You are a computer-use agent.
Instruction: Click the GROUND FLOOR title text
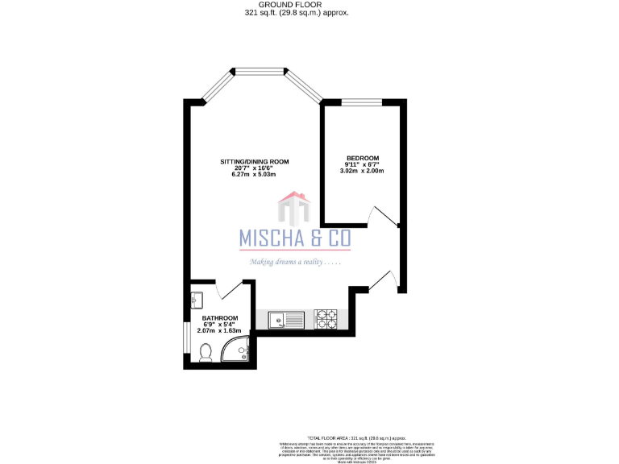click(297, 5)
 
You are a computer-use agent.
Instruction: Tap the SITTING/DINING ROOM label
click(255, 162)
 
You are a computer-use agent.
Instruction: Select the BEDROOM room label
click(362, 158)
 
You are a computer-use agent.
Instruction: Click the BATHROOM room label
click(219, 318)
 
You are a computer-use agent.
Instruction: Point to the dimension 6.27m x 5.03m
click(255, 175)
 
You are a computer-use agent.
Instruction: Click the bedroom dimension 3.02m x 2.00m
click(362, 171)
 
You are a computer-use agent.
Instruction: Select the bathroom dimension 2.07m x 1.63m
click(219, 331)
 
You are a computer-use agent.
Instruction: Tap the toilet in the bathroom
click(205, 352)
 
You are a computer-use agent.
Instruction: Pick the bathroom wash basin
click(197, 299)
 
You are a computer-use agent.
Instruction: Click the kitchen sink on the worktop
click(285, 320)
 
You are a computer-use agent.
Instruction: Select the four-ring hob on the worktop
click(326, 320)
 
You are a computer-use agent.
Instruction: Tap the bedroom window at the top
click(362, 101)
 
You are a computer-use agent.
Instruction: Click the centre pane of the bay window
click(259, 71)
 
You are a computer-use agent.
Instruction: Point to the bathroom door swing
click(230, 290)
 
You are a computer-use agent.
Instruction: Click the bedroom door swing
click(383, 216)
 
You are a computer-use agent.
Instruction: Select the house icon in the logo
click(295, 209)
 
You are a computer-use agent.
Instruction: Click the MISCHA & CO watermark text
click(295, 238)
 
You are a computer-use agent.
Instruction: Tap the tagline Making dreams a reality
click(295, 262)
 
